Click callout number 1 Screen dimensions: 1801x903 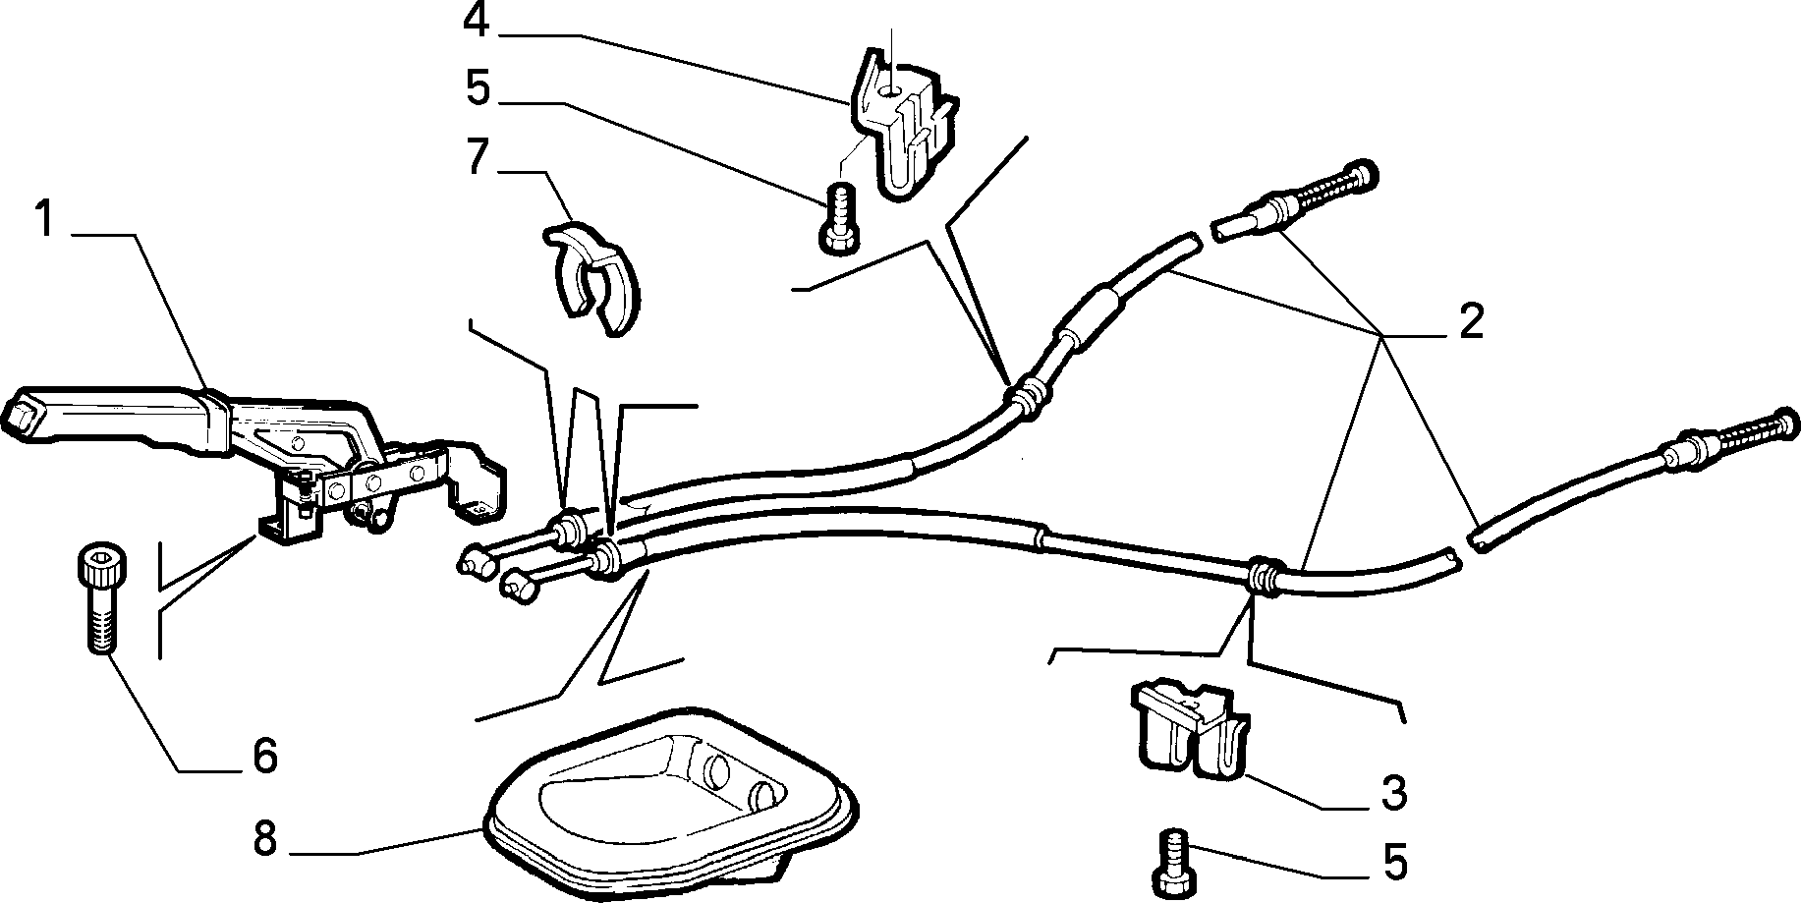click(x=43, y=219)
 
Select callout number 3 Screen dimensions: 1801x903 click(x=1392, y=793)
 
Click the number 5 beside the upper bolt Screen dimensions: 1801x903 click(x=477, y=88)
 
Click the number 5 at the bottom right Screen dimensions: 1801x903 click(x=1393, y=862)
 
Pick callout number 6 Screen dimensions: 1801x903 click(x=262, y=756)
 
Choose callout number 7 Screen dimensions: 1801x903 click(x=478, y=156)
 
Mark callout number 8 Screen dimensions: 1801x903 click(x=263, y=840)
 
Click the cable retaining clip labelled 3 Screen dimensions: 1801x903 click(x=1192, y=727)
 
